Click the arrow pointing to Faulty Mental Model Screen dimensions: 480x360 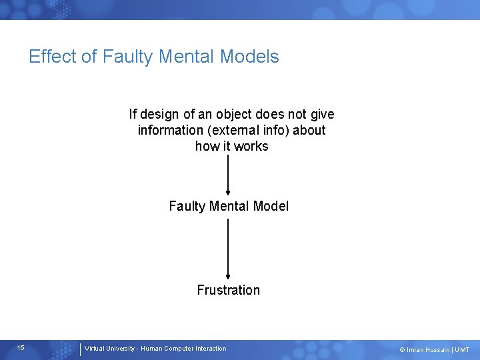coord(229,173)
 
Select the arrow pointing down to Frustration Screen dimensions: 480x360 coord(229,248)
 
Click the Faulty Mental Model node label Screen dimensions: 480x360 coord(229,206)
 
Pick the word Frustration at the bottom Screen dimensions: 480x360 coord(229,290)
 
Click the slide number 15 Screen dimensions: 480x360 coord(21,348)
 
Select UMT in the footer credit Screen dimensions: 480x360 coord(463,350)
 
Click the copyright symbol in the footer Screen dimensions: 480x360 coord(402,350)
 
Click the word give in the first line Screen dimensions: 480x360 coord(321,115)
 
